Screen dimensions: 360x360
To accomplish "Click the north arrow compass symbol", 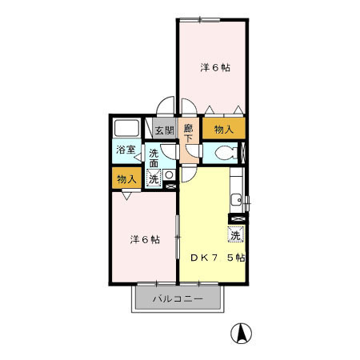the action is pos(241,334).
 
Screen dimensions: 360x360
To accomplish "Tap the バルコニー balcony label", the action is pos(178,298).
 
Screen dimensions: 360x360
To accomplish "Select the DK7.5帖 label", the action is pos(218,258).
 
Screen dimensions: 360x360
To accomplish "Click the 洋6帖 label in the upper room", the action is pos(215,68).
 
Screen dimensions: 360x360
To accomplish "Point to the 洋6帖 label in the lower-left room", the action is pos(145,239).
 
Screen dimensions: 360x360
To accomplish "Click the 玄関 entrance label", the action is pos(165,130).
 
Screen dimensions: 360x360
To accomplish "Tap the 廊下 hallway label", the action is pos(189,134).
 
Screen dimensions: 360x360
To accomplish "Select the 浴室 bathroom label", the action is pos(126,150).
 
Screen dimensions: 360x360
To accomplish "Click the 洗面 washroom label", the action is pos(154,158).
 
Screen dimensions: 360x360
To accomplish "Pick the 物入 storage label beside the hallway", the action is pos(224,130).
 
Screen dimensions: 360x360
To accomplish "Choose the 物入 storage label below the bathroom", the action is pos(126,179).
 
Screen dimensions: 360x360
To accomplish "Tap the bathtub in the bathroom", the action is pos(127,128).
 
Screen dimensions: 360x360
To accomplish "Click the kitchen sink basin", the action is pos(236,200).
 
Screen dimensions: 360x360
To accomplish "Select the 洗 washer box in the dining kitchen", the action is pos(236,234).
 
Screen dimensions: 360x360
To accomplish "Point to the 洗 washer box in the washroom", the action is pos(154,178).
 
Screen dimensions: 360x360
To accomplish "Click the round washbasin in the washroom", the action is pos(169,175).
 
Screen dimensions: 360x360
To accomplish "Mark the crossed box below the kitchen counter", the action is pos(238,219).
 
